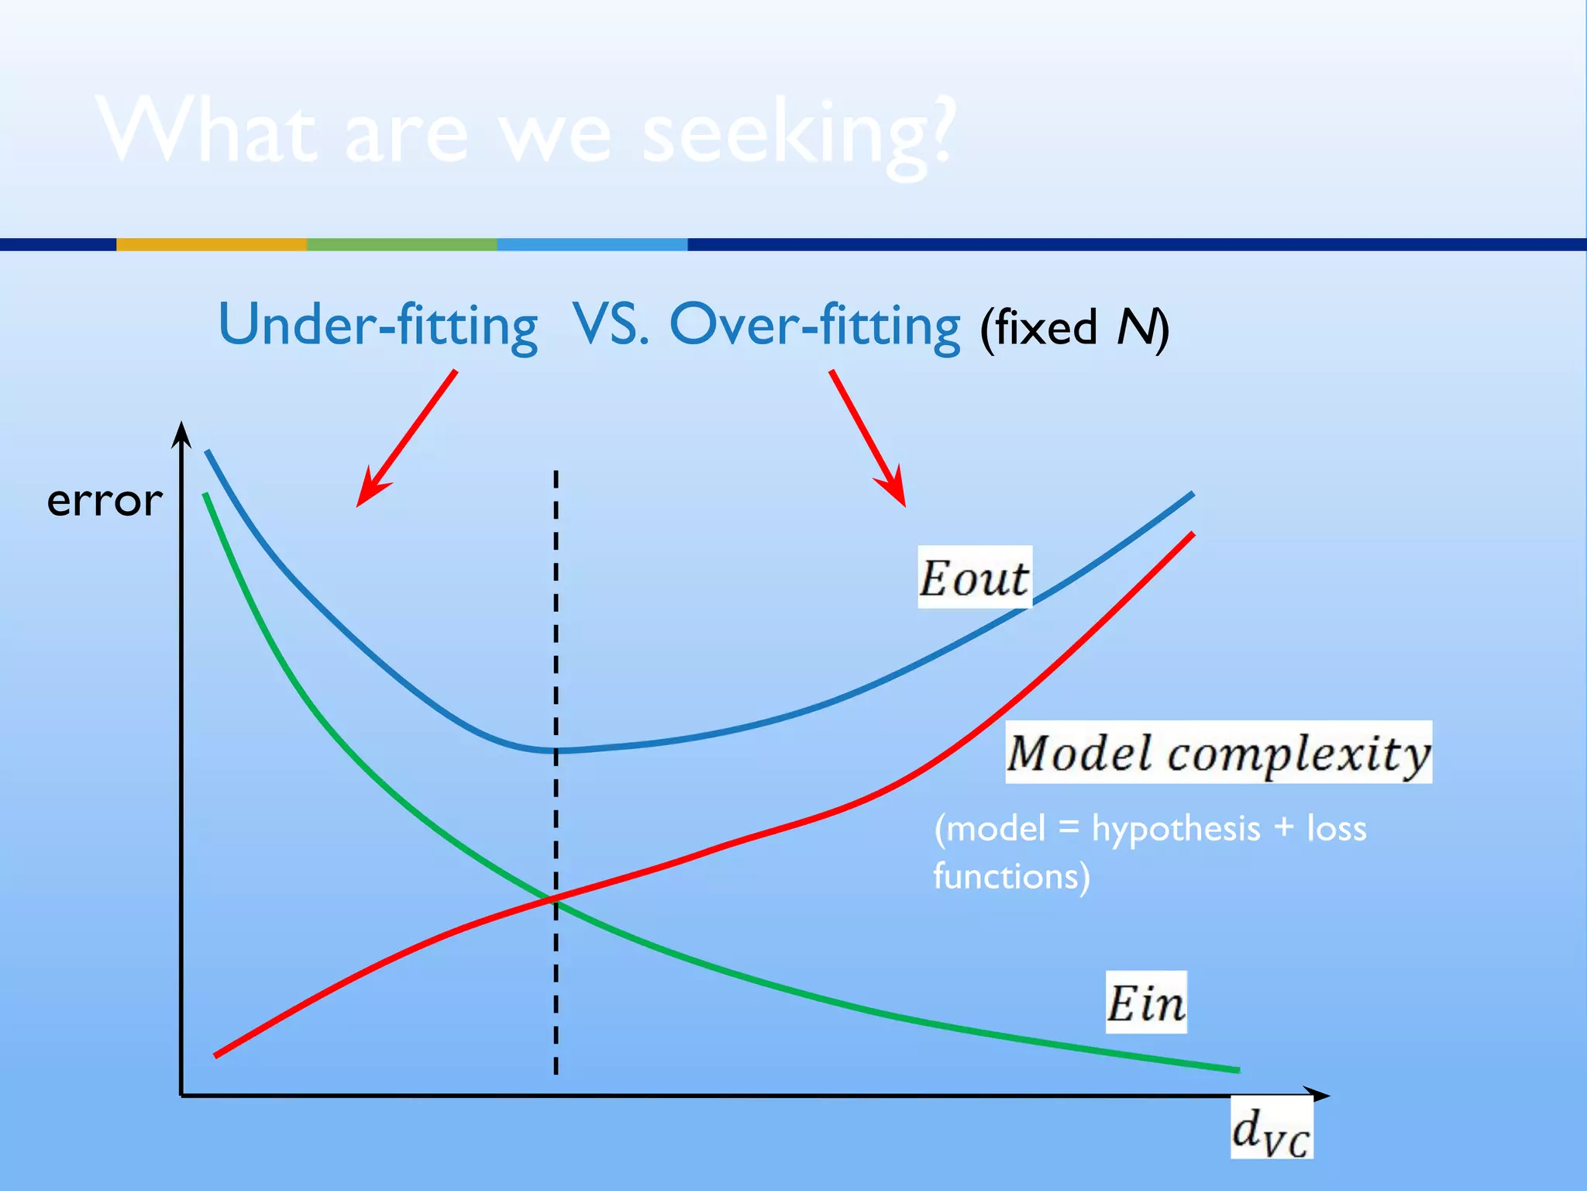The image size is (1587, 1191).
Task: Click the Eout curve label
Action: (x=974, y=578)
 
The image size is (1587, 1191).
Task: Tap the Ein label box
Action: (x=1145, y=1003)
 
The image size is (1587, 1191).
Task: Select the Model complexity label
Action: (x=1218, y=753)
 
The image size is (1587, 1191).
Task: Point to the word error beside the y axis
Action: (x=105, y=500)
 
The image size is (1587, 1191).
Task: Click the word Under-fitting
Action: (x=378, y=326)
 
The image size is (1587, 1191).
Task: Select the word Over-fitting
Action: (x=814, y=326)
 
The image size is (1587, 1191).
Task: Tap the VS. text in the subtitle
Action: (x=611, y=324)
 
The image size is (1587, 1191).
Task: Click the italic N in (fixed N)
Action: (x=1134, y=327)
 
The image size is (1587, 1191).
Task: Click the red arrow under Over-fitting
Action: (x=867, y=438)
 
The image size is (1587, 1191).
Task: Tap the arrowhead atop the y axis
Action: (x=181, y=434)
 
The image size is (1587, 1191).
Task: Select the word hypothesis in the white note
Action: (x=1176, y=828)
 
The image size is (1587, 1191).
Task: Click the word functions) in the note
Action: (x=1011, y=876)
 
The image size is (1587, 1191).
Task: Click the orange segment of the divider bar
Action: (x=211, y=244)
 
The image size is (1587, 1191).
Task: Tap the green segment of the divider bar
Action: (x=401, y=244)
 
